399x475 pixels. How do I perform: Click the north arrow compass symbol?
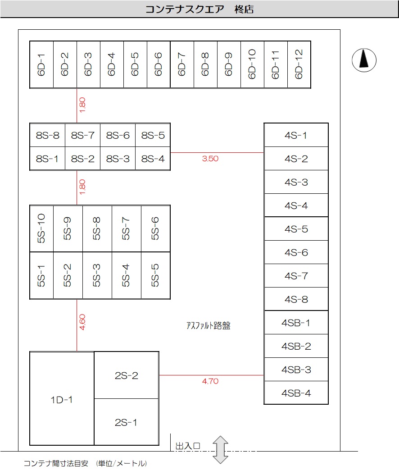click(x=364, y=59)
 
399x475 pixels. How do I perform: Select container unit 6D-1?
click(x=41, y=64)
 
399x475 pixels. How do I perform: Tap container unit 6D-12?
click(x=299, y=64)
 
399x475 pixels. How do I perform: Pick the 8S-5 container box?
click(x=153, y=135)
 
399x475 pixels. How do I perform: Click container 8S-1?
click(x=47, y=159)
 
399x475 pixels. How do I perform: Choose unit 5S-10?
click(x=41, y=228)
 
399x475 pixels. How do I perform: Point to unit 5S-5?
click(x=155, y=275)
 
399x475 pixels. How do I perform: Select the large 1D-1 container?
click(x=62, y=399)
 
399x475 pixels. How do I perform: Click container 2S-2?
click(x=126, y=375)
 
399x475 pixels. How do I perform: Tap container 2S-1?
click(x=126, y=422)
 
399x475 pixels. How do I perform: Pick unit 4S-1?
click(x=296, y=135)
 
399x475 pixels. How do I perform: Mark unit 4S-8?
click(x=296, y=299)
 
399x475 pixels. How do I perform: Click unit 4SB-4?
click(x=296, y=393)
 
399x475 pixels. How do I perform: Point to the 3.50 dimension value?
click(x=210, y=159)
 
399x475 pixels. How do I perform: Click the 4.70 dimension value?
click(x=210, y=381)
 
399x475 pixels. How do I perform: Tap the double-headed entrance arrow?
click(x=221, y=449)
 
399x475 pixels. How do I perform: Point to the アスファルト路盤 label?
click(x=208, y=326)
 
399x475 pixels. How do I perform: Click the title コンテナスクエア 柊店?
click(x=199, y=9)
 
